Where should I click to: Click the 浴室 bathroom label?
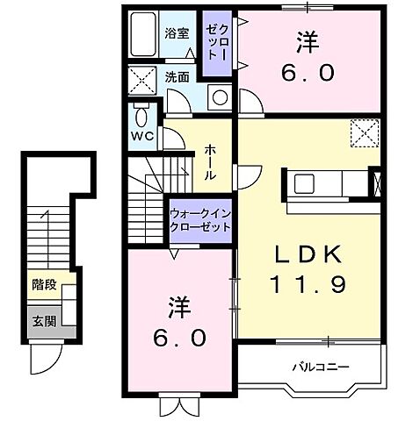tap(176, 34)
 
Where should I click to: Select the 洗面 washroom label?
tap(177, 76)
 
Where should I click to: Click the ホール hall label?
tap(211, 161)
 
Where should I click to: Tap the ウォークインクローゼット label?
tap(200, 218)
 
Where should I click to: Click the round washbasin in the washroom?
tap(218, 96)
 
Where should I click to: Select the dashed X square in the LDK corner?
tap(362, 134)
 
